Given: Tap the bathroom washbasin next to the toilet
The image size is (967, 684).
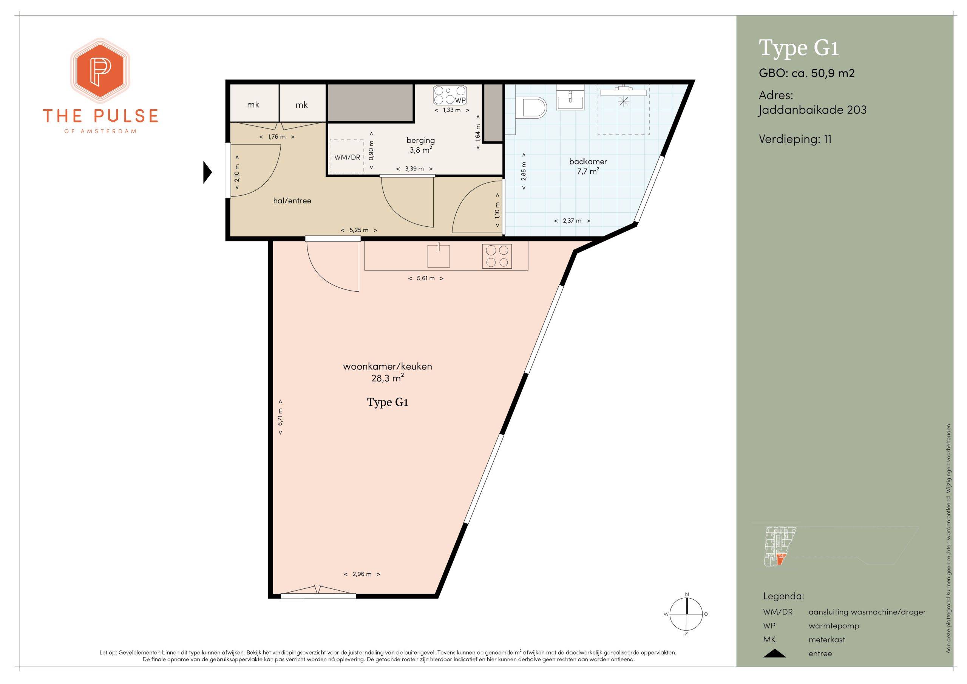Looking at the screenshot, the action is (x=570, y=99).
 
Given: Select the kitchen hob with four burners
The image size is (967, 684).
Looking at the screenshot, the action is (x=497, y=256).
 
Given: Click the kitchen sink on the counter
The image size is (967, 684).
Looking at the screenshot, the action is (x=439, y=256).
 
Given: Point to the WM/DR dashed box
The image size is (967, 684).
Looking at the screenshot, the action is (x=347, y=156).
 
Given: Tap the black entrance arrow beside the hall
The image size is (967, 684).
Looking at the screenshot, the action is (x=207, y=172).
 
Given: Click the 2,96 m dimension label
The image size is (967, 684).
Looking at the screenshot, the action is (x=362, y=574).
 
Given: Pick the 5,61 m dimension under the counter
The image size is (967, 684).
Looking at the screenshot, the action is (x=426, y=278).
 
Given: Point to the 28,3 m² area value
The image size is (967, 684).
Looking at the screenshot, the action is (x=385, y=378).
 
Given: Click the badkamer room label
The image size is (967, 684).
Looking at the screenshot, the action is (x=588, y=161).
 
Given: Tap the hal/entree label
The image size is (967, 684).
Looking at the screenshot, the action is (x=292, y=201).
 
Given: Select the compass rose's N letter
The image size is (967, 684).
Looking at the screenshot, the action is (x=687, y=594).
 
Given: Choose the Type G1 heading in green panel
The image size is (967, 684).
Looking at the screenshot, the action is (x=799, y=48).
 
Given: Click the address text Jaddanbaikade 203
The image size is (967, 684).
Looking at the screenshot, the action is (x=813, y=110).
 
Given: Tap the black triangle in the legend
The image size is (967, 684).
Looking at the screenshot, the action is (x=774, y=653).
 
